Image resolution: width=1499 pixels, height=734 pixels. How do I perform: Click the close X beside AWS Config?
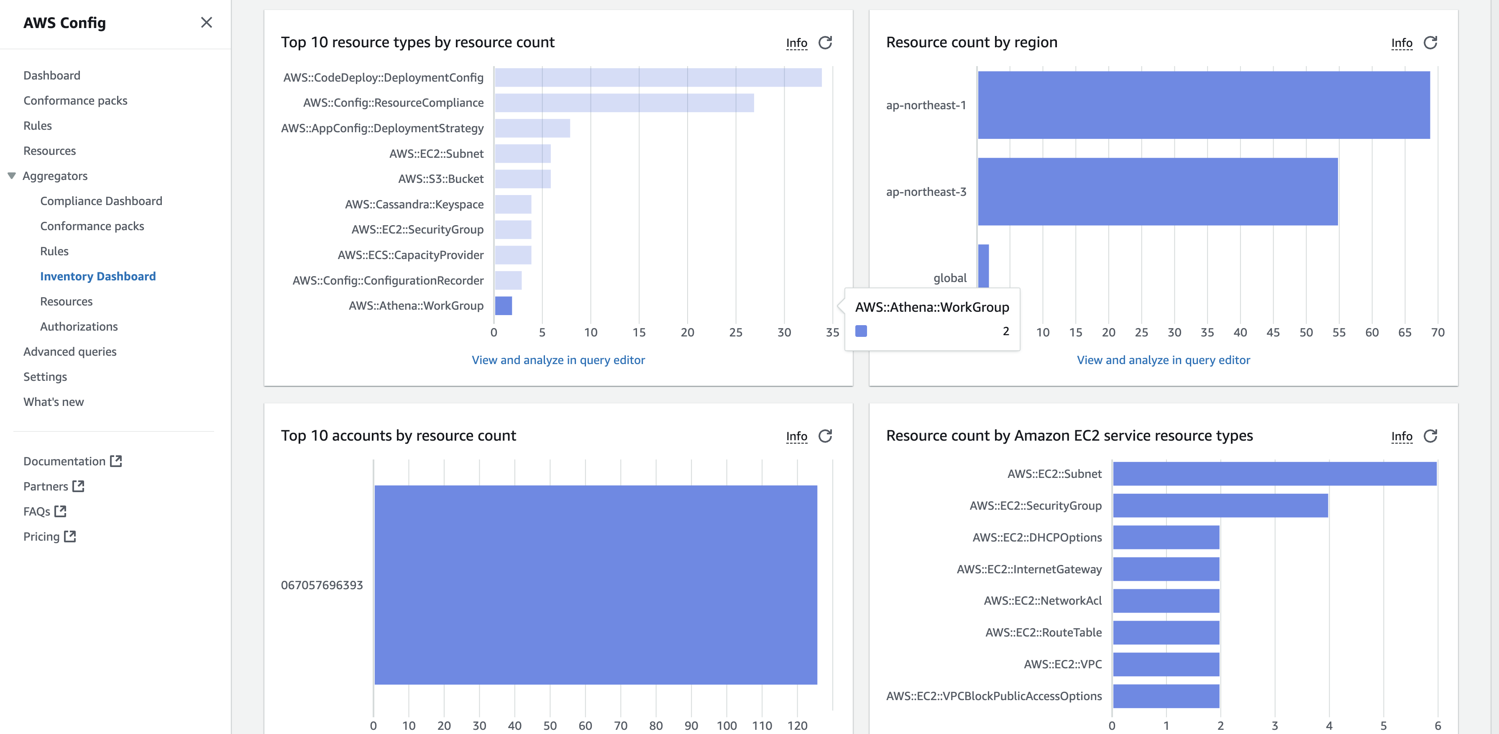point(206,23)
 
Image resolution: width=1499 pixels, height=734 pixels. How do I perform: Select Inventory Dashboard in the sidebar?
point(98,277)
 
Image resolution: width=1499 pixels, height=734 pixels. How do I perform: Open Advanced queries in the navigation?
point(70,352)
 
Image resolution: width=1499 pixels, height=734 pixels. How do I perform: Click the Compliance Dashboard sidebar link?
point(101,201)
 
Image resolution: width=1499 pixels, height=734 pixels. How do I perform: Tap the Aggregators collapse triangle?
point(11,176)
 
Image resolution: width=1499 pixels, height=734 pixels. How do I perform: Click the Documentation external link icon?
point(116,461)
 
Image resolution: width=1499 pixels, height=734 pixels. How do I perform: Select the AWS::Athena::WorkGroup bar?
point(503,305)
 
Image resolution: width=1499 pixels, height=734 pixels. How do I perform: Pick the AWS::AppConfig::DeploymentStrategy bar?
point(532,128)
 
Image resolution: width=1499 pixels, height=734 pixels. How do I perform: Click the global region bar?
point(983,265)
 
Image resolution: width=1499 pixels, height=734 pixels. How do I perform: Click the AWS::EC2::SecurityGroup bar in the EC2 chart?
point(1220,505)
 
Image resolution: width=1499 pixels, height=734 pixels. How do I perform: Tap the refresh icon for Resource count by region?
point(1430,43)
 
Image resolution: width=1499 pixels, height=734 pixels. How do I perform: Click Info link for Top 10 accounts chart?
point(796,436)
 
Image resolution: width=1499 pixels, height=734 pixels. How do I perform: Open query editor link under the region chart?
point(1163,360)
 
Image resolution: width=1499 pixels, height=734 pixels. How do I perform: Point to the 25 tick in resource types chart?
point(736,332)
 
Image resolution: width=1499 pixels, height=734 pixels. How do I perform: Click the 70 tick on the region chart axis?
point(1438,332)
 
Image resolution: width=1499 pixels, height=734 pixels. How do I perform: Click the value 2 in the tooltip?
point(1005,331)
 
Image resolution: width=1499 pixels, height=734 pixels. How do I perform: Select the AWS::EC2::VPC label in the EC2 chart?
point(1063,664)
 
